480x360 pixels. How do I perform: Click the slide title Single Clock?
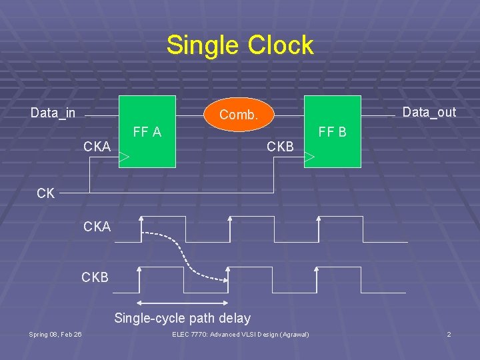[x=240, y=45]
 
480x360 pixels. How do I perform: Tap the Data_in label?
[x=53, y=113]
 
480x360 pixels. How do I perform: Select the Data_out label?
[x=429, y=112]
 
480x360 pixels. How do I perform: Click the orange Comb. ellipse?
[x=239, y=115]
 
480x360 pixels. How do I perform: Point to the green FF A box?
[x=147, y=150]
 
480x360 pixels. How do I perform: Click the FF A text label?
[x=147, y=132]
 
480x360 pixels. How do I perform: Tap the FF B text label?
[x=332, y=132]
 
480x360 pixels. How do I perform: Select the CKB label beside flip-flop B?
[x=280, y=146]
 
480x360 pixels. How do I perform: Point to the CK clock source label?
[x=46, y=193]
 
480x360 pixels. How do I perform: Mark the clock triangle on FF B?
[x=309, y=158]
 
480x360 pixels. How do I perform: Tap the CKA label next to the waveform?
[x=97, y=227]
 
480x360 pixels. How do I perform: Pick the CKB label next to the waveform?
[x=95, y=277]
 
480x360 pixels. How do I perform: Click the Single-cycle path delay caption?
[x=182, y=318]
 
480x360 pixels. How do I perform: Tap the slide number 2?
[x=449, y=334]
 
